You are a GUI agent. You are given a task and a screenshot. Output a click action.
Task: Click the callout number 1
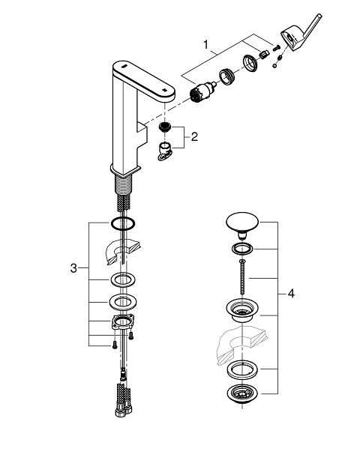pyautogui.click(x=205, y=45)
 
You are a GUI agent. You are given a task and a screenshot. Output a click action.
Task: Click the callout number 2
pyautogui.click(x=194, y=136)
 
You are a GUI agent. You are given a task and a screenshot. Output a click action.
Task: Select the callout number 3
pyautogui.click(x=73, y=268)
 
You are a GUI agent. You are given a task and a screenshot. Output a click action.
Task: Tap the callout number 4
pyautogui.click(x=291, y=294)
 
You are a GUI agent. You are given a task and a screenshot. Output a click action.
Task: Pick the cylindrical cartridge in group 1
pyautogui.click(x=202, y=91)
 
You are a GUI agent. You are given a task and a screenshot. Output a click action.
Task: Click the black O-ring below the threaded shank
pyautogui.click(x=122, y=223)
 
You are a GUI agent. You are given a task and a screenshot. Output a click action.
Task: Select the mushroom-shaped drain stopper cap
pyautogui.click(x=242, y=225)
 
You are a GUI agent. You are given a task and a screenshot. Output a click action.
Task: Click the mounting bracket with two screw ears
pyautogui.click(x=123, y=322)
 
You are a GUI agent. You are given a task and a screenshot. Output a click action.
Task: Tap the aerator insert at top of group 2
pyautogui.click(x=165, y=127)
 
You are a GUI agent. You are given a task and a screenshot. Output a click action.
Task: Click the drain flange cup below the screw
pyautogui.click(x=242, y=311)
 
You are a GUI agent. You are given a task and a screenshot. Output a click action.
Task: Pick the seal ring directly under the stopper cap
pyautogui.click(x=242, y=249)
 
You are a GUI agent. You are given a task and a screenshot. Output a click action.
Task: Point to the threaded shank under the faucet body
pyautogui.click(x=123, y=185)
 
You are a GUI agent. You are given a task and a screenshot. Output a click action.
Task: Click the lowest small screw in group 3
pyautogui.click(x=114, y=345)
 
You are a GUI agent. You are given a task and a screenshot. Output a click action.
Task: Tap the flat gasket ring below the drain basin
pyautogui.click(x=242, y=369)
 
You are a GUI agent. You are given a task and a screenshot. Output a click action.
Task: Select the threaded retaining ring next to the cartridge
pyautogui.click(x=227, y=77)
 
